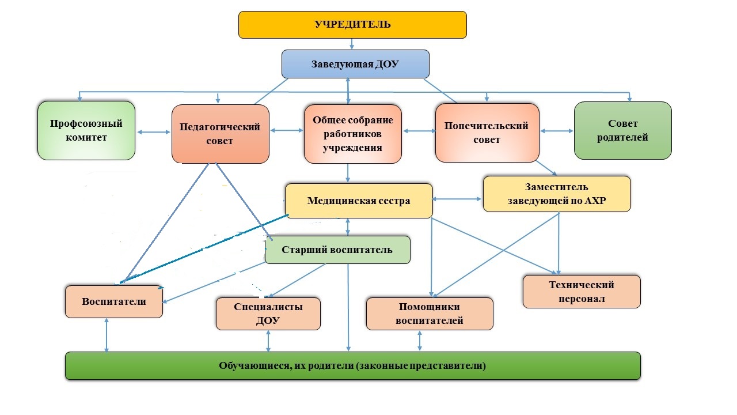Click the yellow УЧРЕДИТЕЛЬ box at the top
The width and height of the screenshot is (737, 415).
pyautogui.click(x=352, y=25)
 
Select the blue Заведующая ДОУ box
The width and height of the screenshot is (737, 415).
pyautogui.click(x=355, y=64)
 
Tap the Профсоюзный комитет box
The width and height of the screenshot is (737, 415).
pyautogui.click(x=86, y=131)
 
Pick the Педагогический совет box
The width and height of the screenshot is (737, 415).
pyautogui.click(x=221, y=134)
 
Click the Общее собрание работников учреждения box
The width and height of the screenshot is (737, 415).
pyautogui.click(x=353, y=134)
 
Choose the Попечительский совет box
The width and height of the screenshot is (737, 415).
pyautogui.click(x=487, y=133)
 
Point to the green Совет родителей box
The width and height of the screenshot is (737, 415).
pyautogui.click(x=622, y=131)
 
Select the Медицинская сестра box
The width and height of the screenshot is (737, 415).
pyautogui.click(x=359, y=201)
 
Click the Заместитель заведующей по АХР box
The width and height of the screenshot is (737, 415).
pyautogui.click(x=557, y=193)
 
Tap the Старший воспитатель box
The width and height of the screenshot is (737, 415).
pyautogui.click(x=337, y=250)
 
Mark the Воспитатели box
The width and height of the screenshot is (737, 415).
pyautogui.click(x=114, y=301)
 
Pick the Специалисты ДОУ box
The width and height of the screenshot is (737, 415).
pyautogui.click(x=268, y=314)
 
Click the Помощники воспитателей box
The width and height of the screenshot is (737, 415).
pyautogui.click(x=430, y=314)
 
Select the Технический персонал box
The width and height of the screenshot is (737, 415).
pyautogui.click(x=582, y=292)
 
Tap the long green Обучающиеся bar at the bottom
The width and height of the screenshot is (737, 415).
pyautogui.click(x=352, y=365)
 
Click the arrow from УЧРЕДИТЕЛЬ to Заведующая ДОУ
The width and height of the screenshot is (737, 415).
pyautogui.click(x=352, y=44)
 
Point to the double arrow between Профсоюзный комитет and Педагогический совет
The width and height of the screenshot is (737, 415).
pyautogui.click(x=154, y=133)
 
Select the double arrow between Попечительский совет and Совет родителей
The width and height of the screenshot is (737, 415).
pyautogui.click(x=557, y=131)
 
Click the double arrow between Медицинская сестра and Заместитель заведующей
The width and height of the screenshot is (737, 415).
pyautogui.click(x=458, y=199)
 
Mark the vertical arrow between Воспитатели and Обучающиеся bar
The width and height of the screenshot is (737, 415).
pyautogui.click(x=107, y=334)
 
